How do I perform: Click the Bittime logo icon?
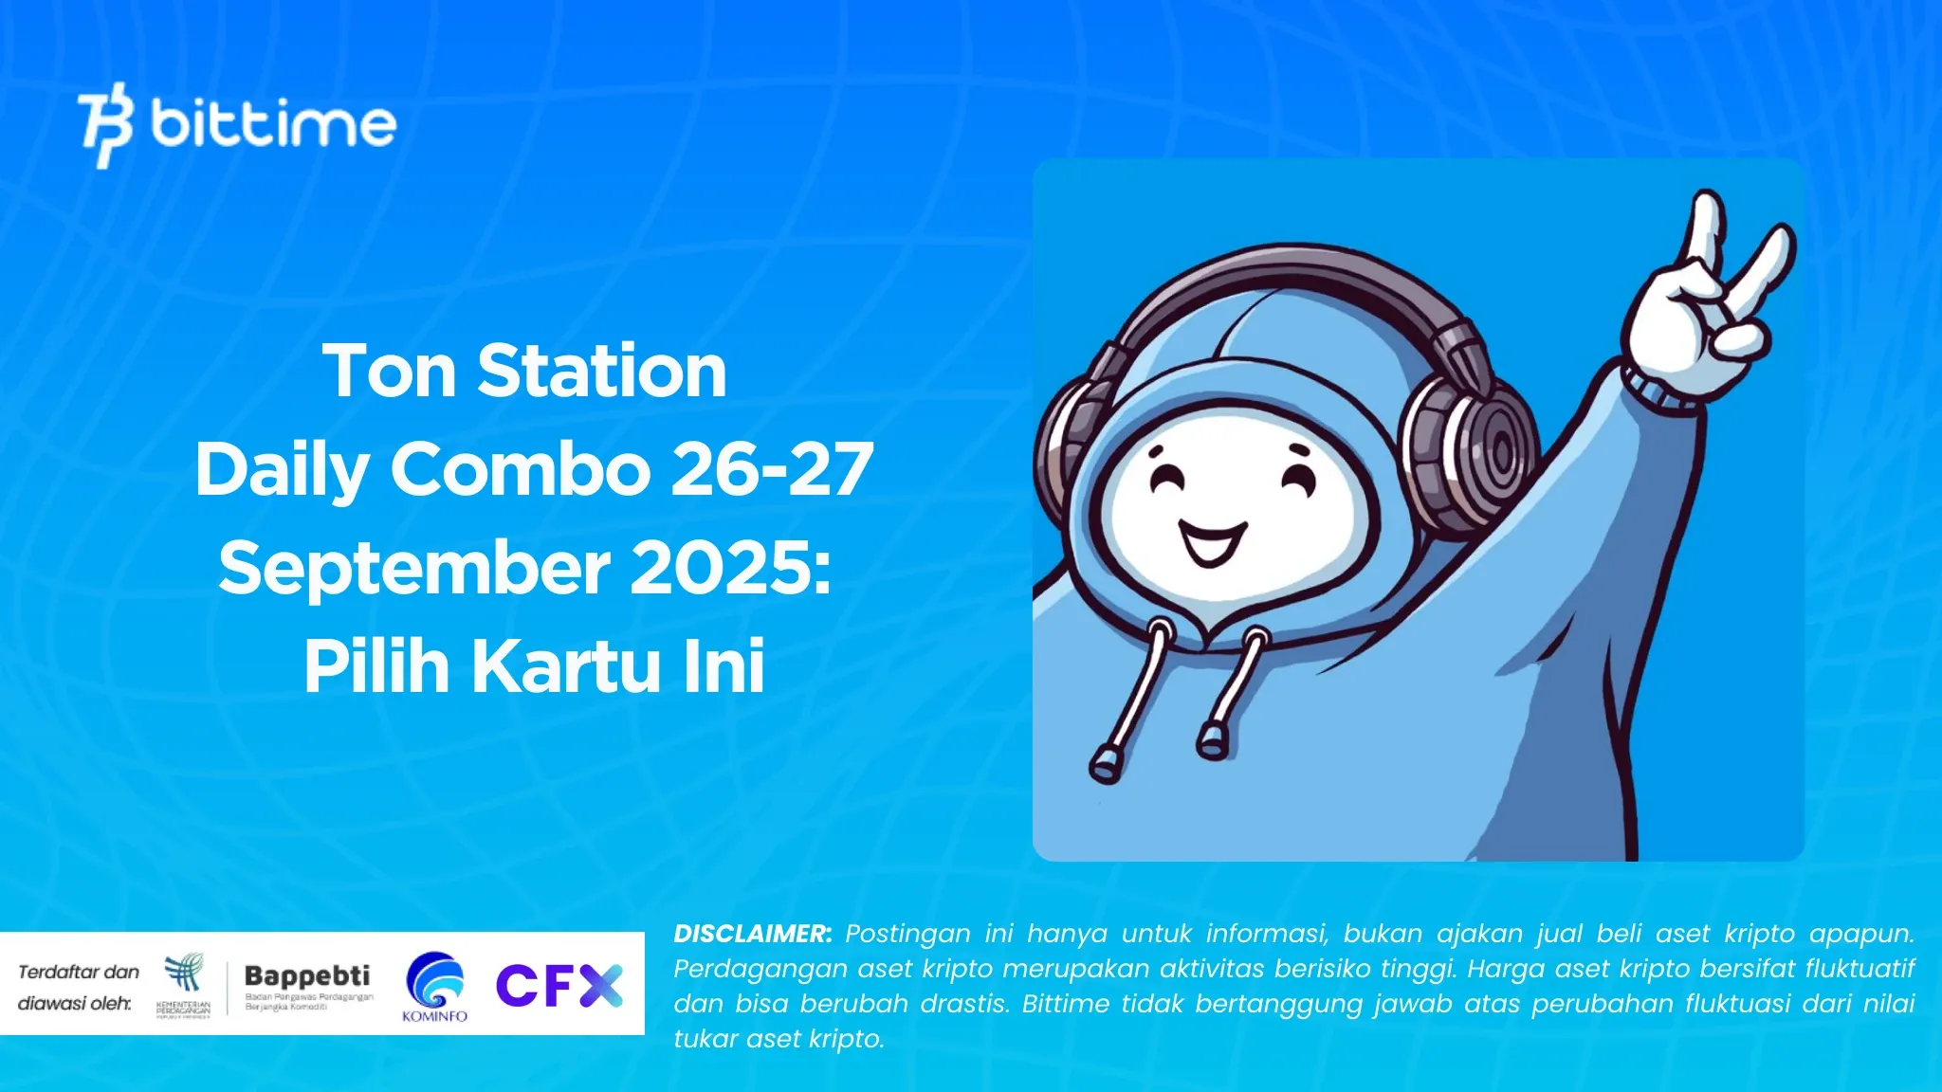tap(105, 125)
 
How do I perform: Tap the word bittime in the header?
tap(273, 124)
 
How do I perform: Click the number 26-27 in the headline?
tap(772, 469)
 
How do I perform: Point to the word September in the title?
tap(414, 569)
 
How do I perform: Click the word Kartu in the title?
tap(566, 666)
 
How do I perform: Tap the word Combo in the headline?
tap(521, 469)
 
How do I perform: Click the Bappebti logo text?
tap(307, 975)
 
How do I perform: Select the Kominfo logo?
tap(435, 987)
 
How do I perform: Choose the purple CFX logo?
tap(559, 986)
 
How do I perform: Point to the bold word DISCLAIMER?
tap(752, 934)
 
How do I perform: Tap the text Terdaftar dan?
tap(79, 972)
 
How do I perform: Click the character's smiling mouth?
tap(1211, 543)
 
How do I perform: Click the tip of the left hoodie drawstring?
tap(1105, 764)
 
